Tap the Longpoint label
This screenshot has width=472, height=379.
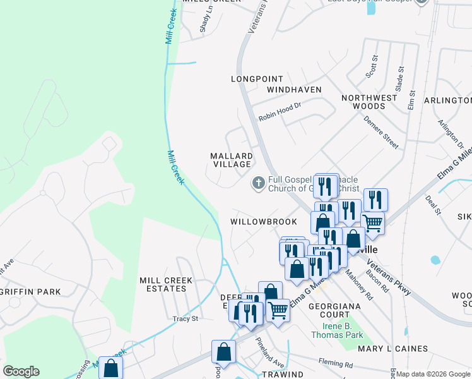click(x=254, y=79)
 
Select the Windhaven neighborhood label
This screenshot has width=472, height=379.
click(x=294, y=90)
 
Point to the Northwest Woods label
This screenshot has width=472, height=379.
click(x=369, y=102)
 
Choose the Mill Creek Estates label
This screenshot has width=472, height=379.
click(x=163, y=284)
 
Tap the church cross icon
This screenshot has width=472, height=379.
click(x=258, y=184)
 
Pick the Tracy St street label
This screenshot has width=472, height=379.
click(x=186, y=319)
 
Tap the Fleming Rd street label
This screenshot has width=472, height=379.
click(x=340, y=364)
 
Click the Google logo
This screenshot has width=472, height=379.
click(x=21, y=371)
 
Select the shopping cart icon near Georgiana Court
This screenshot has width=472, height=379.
click(x=278, y=310)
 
